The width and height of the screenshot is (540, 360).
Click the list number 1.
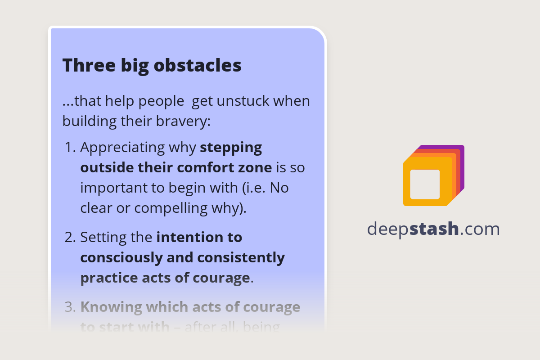pos(70,148)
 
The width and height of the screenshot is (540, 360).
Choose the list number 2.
pos(70,237)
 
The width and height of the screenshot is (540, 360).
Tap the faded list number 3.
pos(70,307)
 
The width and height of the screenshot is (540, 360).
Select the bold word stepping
pos(231,148)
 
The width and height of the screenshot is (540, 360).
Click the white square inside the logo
pos(425,184)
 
